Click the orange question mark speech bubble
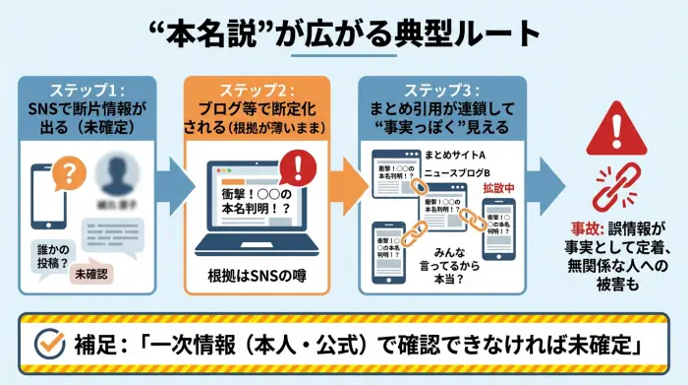point(68,173)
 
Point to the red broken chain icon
point(617,188)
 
